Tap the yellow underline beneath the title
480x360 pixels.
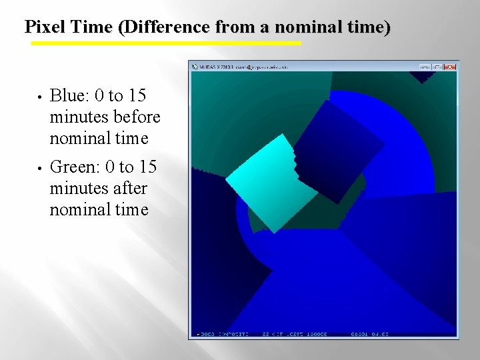tap(167, 43)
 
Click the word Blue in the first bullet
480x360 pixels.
tap(70, 95)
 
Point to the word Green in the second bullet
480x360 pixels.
tap(75, 166)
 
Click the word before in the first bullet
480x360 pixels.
tap(137, 117)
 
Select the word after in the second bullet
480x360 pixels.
tap(131, 188)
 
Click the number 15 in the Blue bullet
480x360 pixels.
tap(135, 95)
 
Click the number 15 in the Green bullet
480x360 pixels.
tap(145, 166)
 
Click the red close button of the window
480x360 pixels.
tap(451, 67)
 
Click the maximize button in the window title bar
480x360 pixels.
tap(437, 67)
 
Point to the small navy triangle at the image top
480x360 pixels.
tap(421, 76)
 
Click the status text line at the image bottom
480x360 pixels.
tap(293, 333)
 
